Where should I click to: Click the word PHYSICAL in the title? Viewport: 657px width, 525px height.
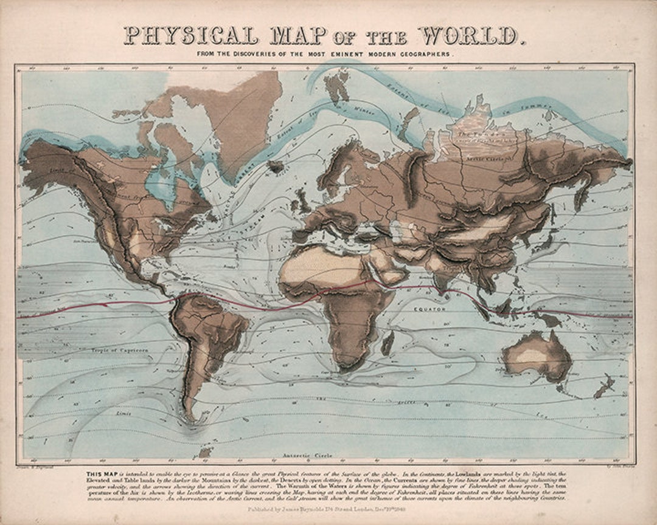pyautogui.click(x=190, y=36)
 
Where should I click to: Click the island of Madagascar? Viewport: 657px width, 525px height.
pyautogui.click(x=388, y=343)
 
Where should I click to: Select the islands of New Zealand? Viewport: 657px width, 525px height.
pyautogui.click(x=604, y=386)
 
